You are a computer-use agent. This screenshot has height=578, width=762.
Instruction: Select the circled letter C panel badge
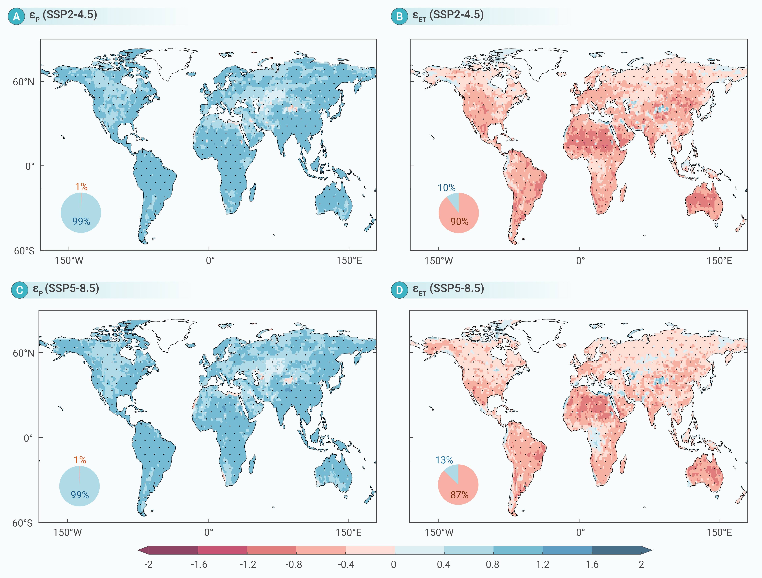click(20, 290)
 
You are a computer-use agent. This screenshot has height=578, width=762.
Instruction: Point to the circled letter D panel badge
click(399, 290)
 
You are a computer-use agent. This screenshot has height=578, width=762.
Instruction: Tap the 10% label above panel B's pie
click(446, 188)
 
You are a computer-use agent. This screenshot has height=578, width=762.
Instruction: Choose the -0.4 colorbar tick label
click(346, 564)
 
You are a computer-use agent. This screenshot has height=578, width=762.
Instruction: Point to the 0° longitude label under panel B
click(581, 261)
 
